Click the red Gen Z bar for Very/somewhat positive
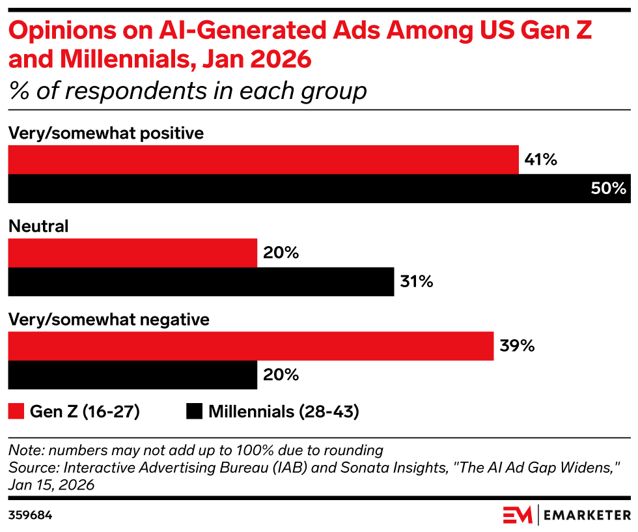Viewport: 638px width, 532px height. [x=263, y=160]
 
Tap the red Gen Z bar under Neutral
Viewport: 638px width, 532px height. [x=132, y=253]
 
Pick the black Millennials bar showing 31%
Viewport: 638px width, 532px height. [x=201, y=282]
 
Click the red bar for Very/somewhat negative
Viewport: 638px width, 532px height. [x=250, y=346]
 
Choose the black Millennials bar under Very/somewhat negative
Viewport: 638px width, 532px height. [x=132, y=375]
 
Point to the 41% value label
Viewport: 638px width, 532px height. [x=540, y=160]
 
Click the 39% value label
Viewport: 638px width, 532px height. [x=517, y=346]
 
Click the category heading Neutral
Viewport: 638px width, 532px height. [x=38, y=227]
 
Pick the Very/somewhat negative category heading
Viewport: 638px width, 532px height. [x=108, y=320]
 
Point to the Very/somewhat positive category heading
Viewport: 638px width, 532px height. [x=105, y=133]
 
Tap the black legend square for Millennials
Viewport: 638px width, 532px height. [x=194, y=412]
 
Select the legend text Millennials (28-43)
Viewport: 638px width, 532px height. [x=284, y=412]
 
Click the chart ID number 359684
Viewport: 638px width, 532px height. [x=30, y=515]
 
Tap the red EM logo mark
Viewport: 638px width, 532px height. [x=518, y=515]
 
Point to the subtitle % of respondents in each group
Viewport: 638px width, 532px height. [x=187, y=91]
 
